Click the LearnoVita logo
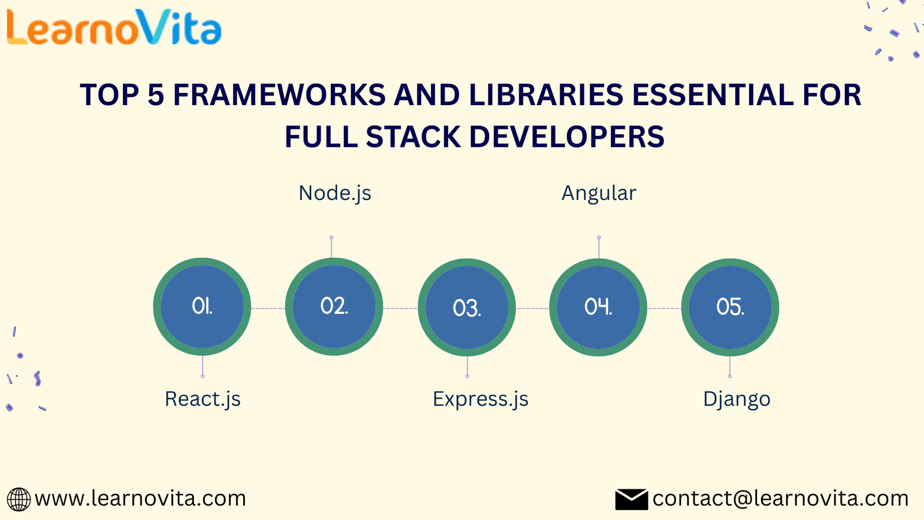point(114,27)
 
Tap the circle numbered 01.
point(202,307)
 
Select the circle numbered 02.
point(334,307)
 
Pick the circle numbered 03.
point(467,307)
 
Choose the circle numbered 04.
point(598,307)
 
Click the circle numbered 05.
point(730,307)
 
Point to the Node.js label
point(335,194)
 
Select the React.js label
point(203,399)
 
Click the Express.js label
point(480,399)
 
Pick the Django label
point(737,399)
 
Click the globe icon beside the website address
point(18,499)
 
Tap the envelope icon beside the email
point(632,499)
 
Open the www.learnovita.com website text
point(140,499)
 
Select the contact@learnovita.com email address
point(780,499)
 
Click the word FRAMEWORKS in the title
point(280,95)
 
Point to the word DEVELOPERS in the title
point(567,136)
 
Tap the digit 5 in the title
point(156,95)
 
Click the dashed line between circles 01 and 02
point(268,309)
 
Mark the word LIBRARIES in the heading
point(546,95)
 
